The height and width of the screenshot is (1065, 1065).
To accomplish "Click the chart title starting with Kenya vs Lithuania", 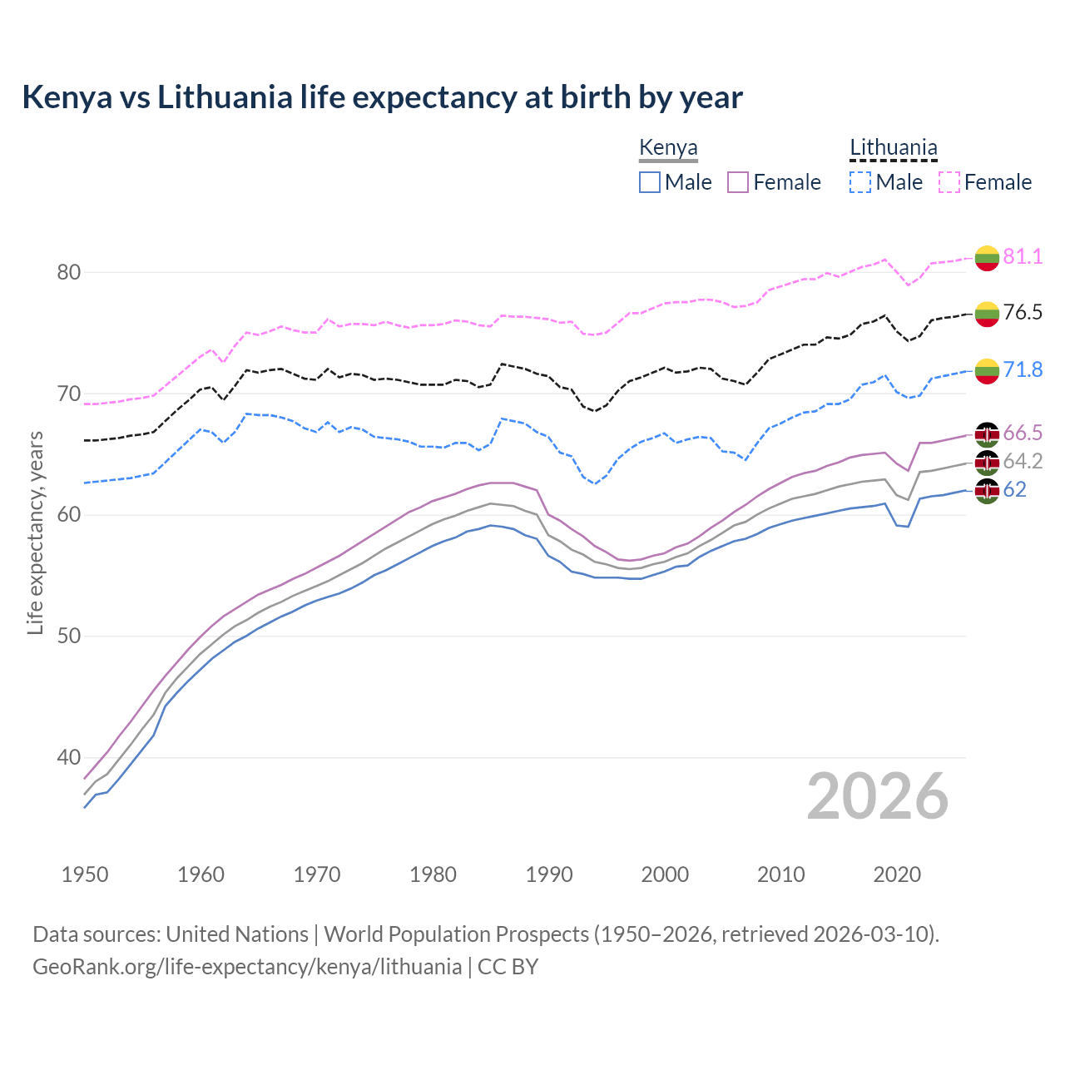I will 382,97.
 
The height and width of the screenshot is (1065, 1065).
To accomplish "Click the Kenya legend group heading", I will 668,147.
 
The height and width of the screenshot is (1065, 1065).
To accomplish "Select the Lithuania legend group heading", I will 893,147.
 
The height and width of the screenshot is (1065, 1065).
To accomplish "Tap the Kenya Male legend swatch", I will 650,182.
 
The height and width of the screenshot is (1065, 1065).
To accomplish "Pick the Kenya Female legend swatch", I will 738,182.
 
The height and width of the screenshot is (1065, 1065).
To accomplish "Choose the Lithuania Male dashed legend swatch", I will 860,182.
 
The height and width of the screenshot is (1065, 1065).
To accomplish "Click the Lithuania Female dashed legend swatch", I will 949,182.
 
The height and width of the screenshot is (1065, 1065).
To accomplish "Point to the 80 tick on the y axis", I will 69,272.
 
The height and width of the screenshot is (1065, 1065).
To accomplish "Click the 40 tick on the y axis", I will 69,757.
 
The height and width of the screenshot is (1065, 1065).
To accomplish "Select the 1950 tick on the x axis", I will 85,874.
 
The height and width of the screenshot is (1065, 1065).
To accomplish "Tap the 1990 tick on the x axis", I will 549,874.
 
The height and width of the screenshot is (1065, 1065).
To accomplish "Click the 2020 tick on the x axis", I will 897,874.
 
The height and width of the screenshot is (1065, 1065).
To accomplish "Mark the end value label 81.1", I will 1023,256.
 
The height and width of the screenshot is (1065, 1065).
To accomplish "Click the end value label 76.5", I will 1023,313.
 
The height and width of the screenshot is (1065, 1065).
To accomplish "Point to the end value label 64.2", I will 1023,461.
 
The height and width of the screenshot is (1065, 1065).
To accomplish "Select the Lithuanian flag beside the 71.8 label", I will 987,371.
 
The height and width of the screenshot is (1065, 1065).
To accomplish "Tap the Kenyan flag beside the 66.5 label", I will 987,434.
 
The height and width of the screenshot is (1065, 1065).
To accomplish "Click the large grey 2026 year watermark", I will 878,796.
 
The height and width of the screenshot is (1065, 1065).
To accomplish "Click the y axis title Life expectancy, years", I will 35,532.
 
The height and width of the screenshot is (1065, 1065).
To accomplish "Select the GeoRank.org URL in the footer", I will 247,966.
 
